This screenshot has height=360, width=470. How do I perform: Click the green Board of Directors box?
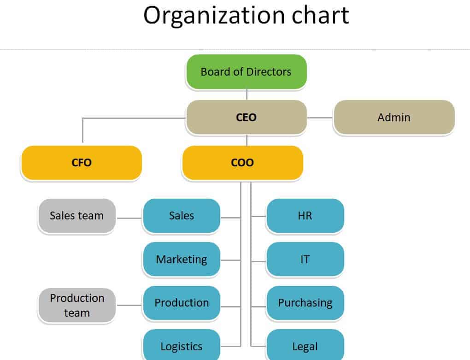pos(246,71)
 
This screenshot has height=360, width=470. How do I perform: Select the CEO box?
pos(246,117)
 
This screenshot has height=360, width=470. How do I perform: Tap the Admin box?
pos(394,117)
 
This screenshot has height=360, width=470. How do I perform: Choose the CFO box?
pos(82,162)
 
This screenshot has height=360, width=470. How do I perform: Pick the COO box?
pos(242,162)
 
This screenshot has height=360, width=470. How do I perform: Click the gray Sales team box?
pos(76,216)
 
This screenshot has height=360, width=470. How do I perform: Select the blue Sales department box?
pos(182,216)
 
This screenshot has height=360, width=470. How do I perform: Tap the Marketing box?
pos(182,259)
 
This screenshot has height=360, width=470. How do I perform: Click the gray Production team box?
pos(77,305)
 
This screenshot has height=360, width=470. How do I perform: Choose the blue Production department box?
pos(182,303)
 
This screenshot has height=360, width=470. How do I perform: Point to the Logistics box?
pos(182,346)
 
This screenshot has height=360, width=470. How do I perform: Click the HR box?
pos(305,216)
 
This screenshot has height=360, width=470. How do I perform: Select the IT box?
pos(305,259)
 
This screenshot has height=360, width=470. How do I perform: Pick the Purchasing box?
pos(305,303)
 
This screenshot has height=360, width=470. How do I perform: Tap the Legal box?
pos(305,346)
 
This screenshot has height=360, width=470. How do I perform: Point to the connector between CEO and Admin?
pos(320,118)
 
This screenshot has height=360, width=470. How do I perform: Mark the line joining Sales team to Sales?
pos(129,217)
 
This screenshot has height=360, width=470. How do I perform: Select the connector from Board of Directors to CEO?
pos(247,94)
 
